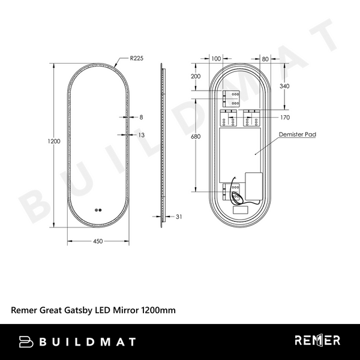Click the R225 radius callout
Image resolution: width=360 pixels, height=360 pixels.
138,59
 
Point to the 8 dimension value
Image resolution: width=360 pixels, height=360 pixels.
141,117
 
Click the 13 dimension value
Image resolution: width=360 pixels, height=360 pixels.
142,135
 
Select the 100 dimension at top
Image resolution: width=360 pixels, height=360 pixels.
216,58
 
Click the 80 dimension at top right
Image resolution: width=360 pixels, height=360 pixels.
265,58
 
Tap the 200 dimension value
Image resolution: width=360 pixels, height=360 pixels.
196,76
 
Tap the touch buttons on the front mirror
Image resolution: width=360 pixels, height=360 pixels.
98,210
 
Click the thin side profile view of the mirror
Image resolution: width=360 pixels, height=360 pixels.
163,144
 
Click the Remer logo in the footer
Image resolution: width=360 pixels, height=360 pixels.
317,341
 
